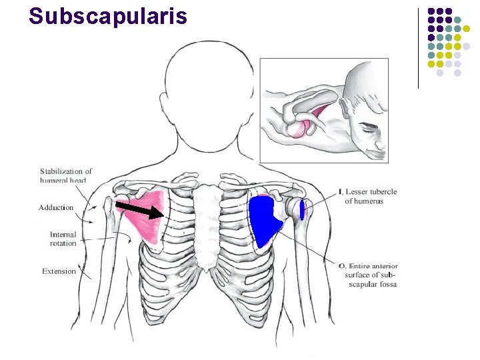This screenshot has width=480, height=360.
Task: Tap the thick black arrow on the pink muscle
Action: (140, 210)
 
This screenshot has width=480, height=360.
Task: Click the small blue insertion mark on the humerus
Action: (302, 209)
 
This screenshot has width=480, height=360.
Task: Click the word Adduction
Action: (56, 208)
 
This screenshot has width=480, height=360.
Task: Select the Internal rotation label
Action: (63, 239)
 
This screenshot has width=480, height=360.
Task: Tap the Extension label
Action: (59, 271)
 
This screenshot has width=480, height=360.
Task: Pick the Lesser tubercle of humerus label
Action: (371, 196)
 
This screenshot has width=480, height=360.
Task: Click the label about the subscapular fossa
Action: (371, 275)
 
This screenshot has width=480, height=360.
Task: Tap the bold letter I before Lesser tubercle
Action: (340, 192)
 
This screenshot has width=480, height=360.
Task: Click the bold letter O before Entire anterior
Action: (341, 266)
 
